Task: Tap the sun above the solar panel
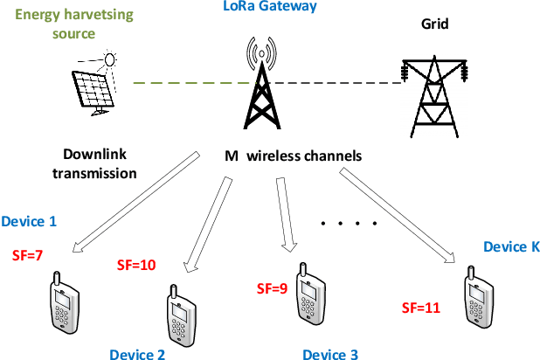click(x=110, y=59)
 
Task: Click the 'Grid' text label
click(x=434, y=24)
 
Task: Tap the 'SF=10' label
click(x=135, y=264)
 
